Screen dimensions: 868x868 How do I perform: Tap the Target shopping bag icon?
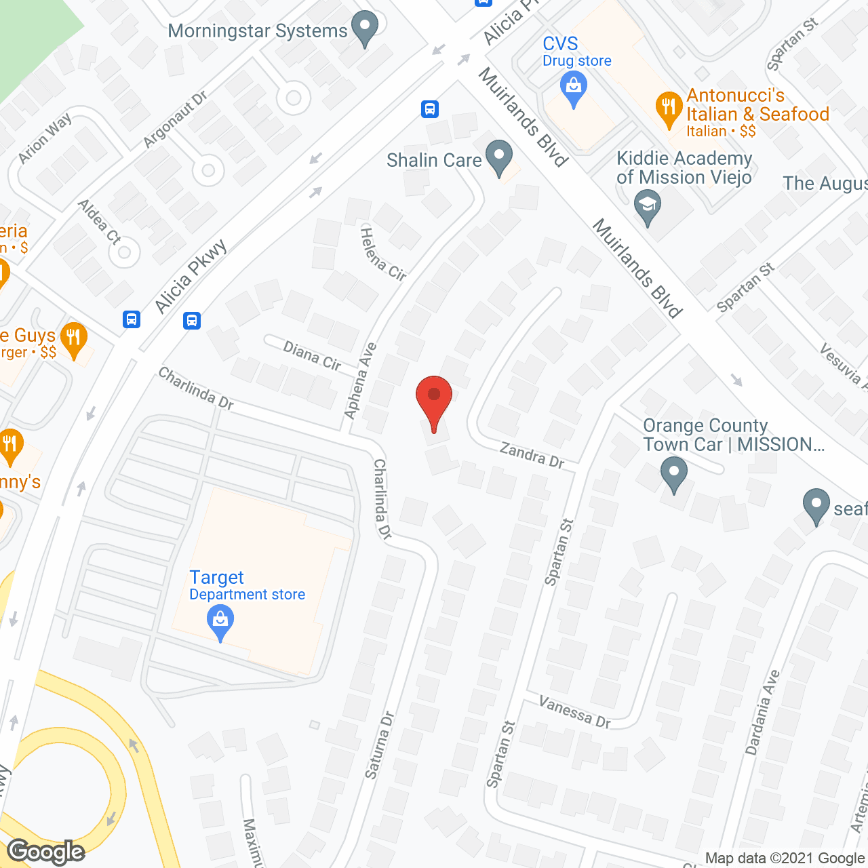tap(220, 621)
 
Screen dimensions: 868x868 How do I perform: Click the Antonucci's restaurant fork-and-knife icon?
tap(669, 108)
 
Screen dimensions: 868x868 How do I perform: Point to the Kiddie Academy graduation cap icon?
tap(648, 206)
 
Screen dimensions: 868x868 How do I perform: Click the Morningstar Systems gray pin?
tap(366, 29)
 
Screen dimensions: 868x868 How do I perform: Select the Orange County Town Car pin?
tap(674, 473)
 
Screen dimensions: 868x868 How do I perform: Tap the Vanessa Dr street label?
tap(575, 712)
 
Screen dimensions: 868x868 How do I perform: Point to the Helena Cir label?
tap(382, 255)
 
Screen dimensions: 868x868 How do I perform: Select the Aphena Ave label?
tap(360, 380)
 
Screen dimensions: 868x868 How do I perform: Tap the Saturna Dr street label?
tap(379, 745)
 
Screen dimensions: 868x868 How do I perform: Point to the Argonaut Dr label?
tap(176, 119)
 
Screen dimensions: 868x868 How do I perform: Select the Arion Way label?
tap(45, 138)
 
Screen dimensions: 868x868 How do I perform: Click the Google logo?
tap(46, 852)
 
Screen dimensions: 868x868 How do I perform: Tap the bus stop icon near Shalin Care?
tap(429, 108)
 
